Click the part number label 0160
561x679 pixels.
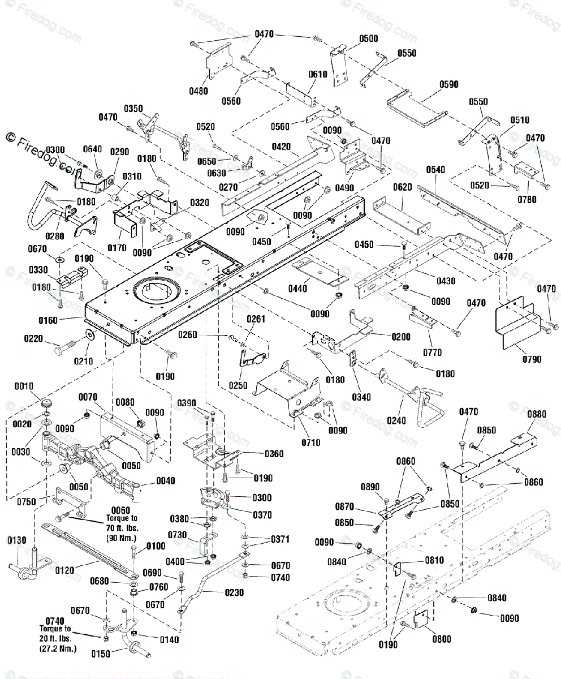(x=48, y=321)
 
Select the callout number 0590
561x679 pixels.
(x=449, y=84)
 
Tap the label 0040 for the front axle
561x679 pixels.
(x=166, y=480)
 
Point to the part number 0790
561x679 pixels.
(x=532, y=359)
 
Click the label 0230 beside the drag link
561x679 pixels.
(x=234, y=593)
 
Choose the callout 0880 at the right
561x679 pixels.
(x=537, y=414)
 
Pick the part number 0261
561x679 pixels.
(x=256, y=319)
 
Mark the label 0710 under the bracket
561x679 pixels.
(x=310, y=442)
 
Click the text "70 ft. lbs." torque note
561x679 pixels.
(x=122, y=528)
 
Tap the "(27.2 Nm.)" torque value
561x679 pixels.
(x=58, y=648)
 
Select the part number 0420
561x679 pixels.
(x=281, y=147)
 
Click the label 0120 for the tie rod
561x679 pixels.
(x=64, y=570)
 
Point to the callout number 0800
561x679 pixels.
(x=442, y=639)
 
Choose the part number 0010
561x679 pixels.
(x=24, y=386)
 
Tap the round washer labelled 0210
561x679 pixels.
(x=89, y=334)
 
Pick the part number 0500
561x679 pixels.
(x=369, y=38)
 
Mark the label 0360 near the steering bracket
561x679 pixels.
(x=274, y=454)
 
